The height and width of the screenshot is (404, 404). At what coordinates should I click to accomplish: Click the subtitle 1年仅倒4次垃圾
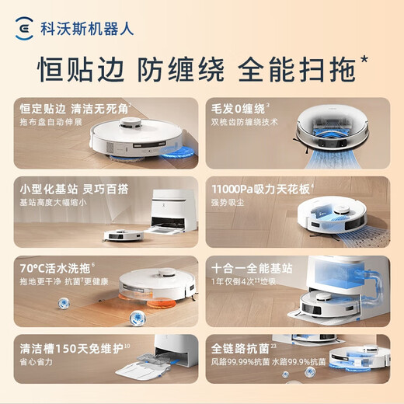pyautogui.click(x=246, y=281)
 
